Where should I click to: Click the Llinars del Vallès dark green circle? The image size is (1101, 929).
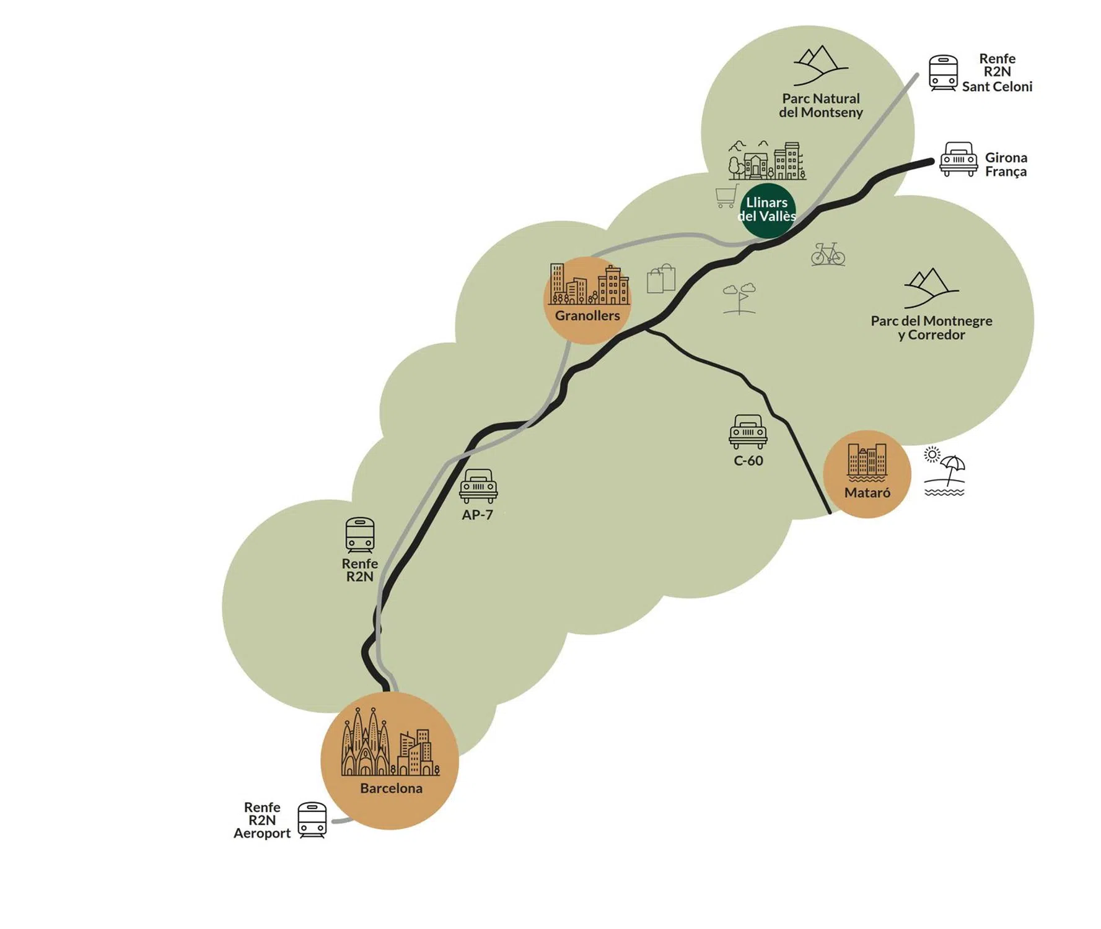[767, 210]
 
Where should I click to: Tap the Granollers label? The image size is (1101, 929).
[587, 316]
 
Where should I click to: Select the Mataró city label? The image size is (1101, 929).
[867, 493]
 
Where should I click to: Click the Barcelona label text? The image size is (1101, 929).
[391, 788]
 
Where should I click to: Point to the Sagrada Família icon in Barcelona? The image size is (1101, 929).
[366, 743]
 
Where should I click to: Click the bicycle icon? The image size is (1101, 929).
[828, 254]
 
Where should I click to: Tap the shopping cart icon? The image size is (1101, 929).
[727, 196]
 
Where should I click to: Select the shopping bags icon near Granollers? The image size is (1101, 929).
[661, 279]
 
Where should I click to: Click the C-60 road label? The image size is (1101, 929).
[748, 461]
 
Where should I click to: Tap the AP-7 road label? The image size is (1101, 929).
[477, 515]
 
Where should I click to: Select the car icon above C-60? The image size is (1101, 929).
[748, 432]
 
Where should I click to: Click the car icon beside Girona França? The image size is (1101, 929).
[958, 159]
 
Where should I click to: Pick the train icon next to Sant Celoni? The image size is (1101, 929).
[943, 73]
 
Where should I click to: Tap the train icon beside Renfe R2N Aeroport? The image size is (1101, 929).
[312, 820]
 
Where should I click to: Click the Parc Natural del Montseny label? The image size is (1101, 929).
[820, 105]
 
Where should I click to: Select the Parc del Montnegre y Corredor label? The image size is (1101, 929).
[931, 328]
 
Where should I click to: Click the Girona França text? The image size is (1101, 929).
[1006, 164]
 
